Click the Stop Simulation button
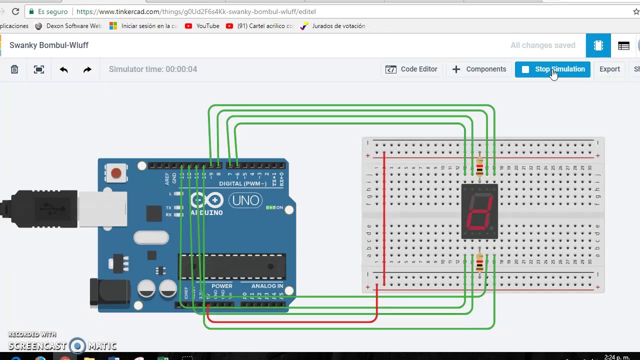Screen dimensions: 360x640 552,69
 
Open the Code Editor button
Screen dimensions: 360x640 411,69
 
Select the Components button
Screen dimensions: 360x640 479,69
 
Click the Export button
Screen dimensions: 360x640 609,69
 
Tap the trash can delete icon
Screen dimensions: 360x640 14,69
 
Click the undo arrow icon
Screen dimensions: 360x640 63,69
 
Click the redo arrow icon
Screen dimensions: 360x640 87,69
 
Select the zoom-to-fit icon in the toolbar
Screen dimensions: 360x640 39,69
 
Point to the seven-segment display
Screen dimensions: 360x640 479,211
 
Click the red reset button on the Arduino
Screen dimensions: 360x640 116,173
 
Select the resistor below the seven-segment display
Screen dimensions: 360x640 480,262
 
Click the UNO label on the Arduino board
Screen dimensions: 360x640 245,200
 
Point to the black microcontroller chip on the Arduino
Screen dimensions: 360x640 232,266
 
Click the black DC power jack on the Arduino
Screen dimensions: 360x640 109,291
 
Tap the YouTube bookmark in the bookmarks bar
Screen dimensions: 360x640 202,26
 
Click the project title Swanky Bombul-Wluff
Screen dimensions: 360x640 49,45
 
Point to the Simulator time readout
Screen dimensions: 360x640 153,69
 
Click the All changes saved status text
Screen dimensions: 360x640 542,45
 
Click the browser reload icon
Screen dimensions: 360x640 15,11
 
